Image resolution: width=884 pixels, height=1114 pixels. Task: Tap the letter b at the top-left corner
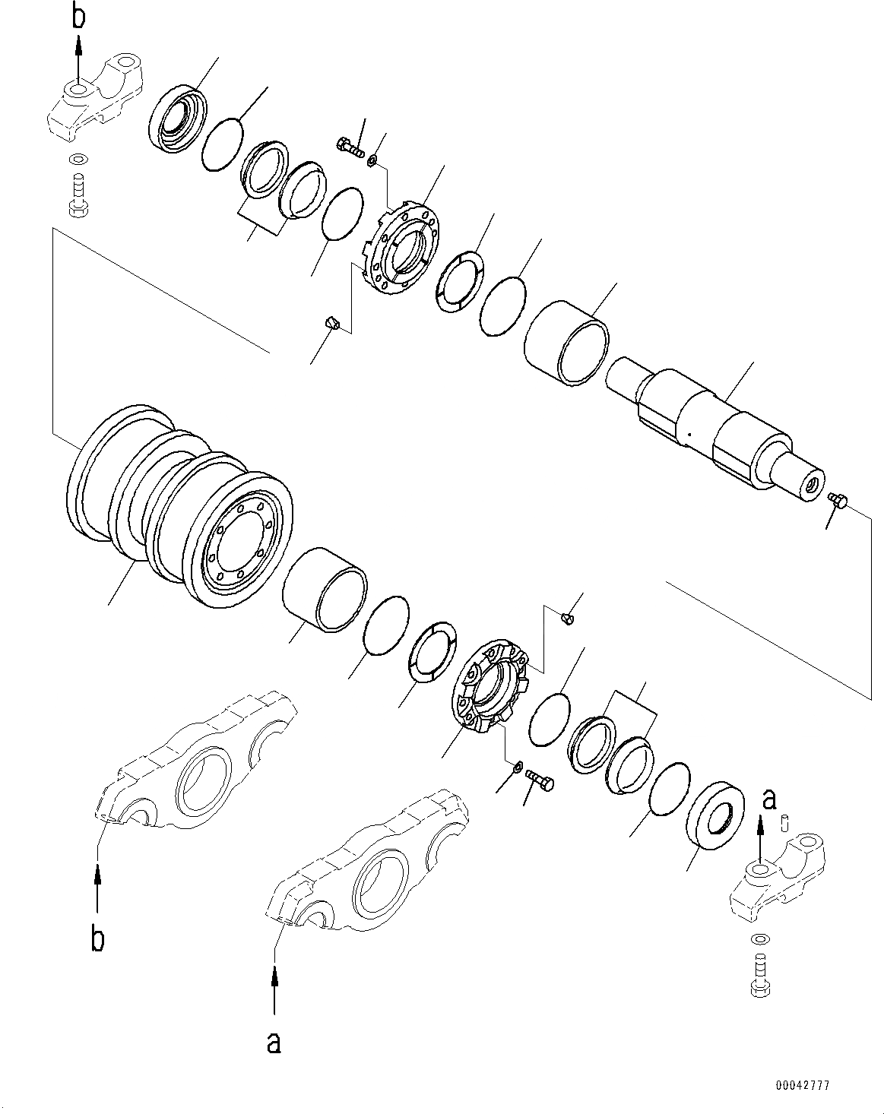78,17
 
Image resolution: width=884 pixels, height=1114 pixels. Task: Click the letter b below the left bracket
97,939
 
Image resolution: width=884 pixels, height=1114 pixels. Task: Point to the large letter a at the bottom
274,1043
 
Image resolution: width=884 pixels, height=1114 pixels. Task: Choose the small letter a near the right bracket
769,799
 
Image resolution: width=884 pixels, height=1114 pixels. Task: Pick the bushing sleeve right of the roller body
325,589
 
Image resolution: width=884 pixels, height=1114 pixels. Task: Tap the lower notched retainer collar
490,688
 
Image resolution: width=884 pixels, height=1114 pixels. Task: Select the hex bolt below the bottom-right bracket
759,976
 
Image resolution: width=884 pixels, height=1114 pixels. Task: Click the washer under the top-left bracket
77,160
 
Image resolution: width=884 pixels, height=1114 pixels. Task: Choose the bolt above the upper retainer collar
349,145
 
